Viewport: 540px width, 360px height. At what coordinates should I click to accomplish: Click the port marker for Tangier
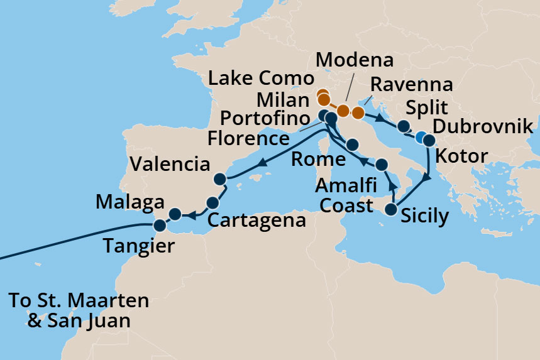160,225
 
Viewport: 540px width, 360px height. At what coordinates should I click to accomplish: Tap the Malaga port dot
175,215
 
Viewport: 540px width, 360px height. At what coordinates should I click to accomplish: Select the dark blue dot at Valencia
219,180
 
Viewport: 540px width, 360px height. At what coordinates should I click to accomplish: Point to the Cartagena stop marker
212,202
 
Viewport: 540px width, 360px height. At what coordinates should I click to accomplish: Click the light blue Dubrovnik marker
421,137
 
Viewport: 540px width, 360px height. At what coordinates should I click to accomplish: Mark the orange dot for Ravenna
358,113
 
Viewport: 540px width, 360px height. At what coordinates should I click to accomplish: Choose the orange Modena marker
343,111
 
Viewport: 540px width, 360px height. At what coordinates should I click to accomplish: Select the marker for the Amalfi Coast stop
382,165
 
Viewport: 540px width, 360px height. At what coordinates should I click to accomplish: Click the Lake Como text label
261,79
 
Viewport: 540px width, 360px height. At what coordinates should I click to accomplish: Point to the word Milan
284,100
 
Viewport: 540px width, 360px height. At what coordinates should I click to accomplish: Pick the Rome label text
318,159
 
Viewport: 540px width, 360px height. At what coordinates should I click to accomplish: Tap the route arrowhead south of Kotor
427,178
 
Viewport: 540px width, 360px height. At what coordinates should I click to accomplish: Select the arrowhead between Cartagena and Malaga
194,215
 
